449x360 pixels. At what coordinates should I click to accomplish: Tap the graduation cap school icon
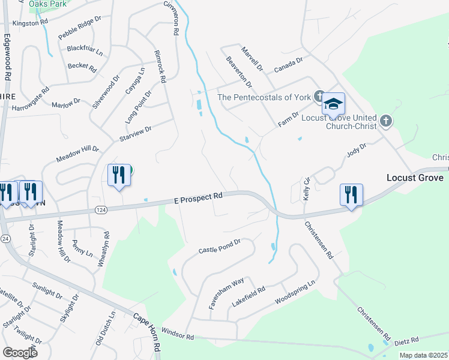[x=333, y=105]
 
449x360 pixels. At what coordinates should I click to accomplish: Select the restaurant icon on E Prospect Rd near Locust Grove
[x=351, y=195]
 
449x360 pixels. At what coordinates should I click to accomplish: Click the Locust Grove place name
[x=417, y=178]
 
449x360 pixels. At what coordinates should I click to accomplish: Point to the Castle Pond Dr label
[x=219, y=245]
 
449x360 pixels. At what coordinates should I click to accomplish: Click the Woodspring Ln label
[x=294, y=291]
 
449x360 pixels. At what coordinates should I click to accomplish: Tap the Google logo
[x=20, y=352]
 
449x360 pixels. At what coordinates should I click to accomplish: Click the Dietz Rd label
[x=406, y=341]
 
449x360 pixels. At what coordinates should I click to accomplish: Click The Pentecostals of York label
[x=264, y=97]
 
